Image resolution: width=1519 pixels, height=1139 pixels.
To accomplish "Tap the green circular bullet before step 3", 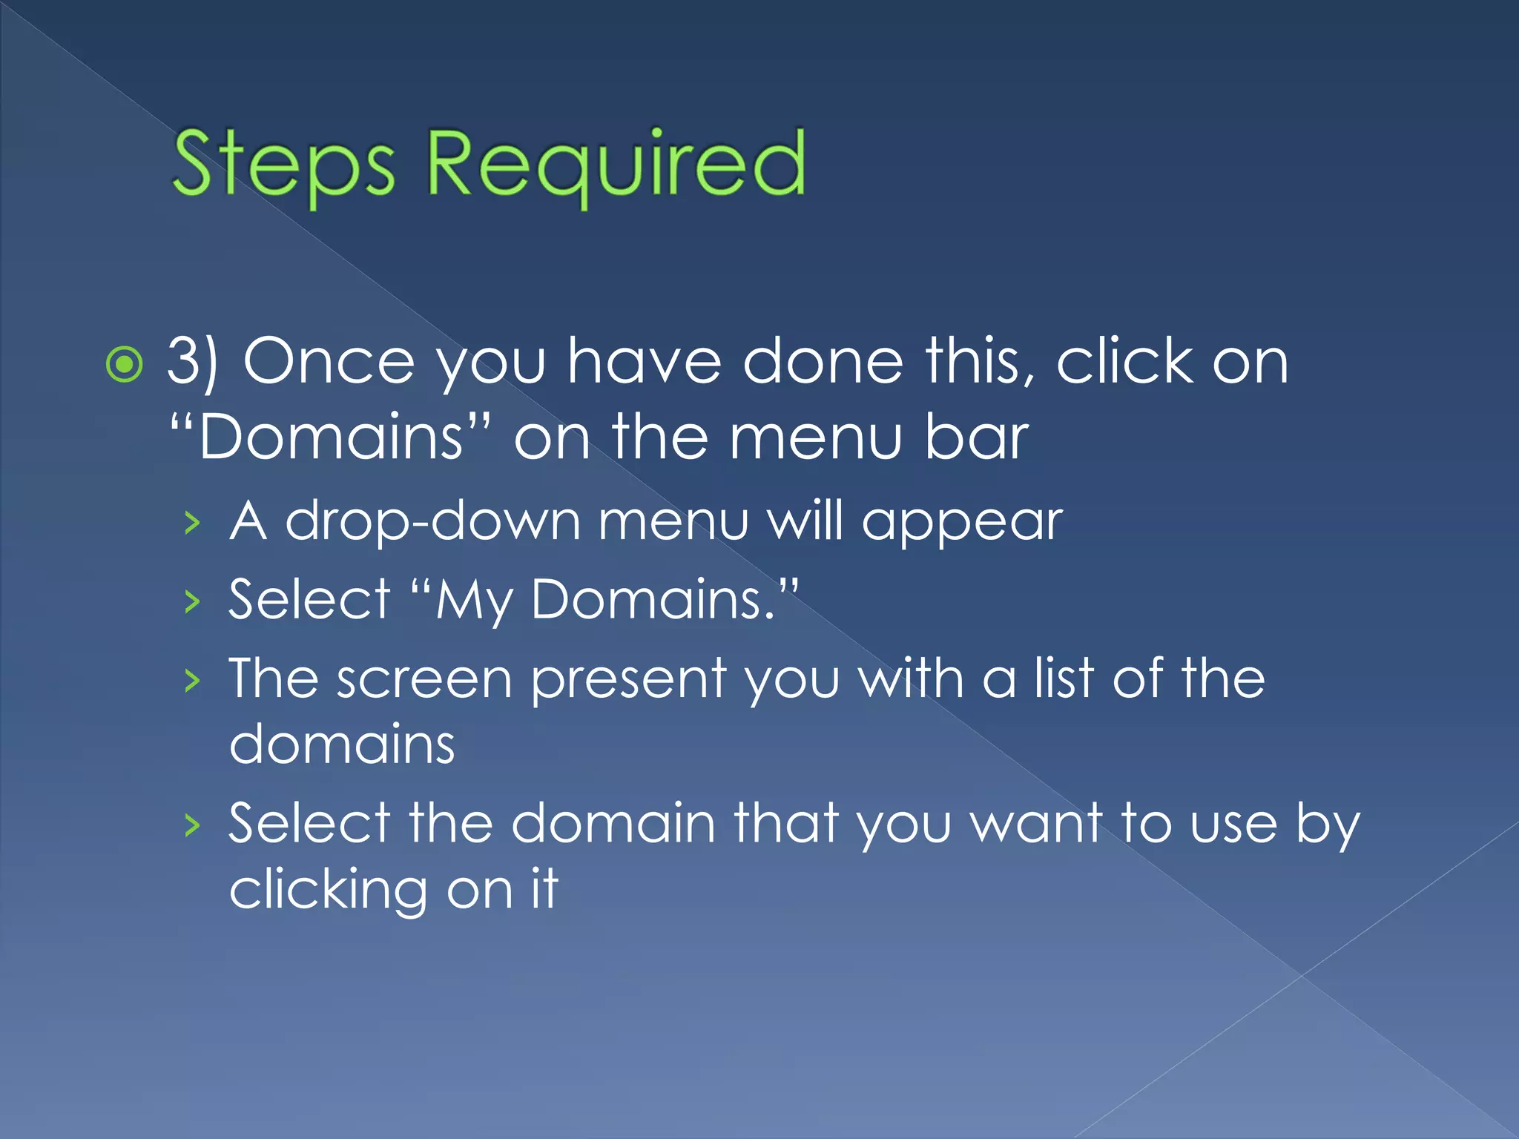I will coord(124,364).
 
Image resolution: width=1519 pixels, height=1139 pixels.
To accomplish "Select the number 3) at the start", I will coord(192,363).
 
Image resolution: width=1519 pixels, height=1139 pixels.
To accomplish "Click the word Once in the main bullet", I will coord(329,363).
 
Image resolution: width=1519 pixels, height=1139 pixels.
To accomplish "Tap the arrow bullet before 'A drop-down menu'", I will coord(193,524).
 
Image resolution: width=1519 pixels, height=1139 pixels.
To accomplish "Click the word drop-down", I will coord(433,522).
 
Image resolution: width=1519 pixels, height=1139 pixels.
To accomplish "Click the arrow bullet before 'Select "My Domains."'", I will coord(193,601).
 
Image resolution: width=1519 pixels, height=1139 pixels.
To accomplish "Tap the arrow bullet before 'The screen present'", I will coord(193,680).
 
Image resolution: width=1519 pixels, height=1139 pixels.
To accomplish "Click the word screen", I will coord(424,680).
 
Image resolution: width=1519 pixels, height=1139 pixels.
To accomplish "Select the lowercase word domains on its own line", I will coord(342,745).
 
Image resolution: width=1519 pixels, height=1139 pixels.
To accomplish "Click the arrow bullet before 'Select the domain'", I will coord(193,825).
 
